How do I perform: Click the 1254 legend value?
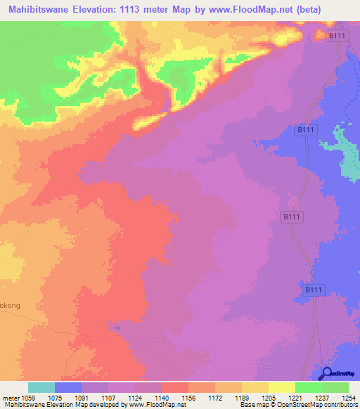click(348, 399)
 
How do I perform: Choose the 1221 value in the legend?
click(295, 399)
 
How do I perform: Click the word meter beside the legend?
click(11, 399)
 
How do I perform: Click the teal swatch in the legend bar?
click(41, 387)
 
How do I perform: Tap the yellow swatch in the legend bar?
click(282, 387)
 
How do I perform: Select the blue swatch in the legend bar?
click(68, 387)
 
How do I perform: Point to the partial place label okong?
click(11, 287)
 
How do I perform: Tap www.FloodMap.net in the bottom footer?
click(153, 405)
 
